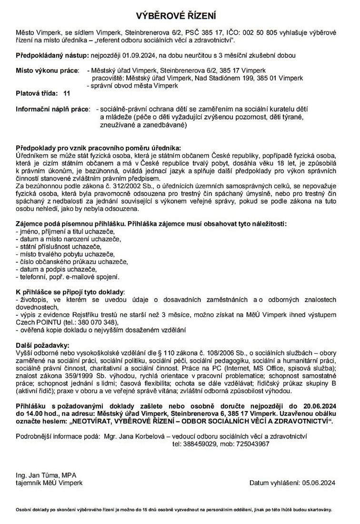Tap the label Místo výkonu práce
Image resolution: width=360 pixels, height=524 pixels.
(47, 71)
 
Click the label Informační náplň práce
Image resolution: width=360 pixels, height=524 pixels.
(53, 109)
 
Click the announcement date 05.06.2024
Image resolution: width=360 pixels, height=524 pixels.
(319, 483)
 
